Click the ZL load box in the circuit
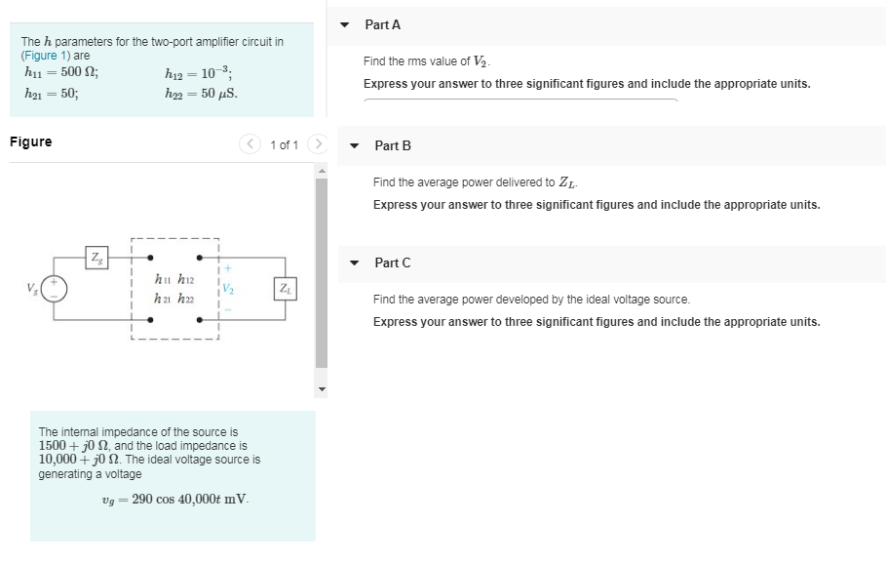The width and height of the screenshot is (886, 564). coord(284,289)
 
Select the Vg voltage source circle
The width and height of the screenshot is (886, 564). coord(55,289)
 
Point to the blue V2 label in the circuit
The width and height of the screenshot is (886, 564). coord(226,289)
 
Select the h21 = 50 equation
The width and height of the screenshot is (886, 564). coord(51,94)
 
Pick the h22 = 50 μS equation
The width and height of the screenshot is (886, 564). coord(202,94)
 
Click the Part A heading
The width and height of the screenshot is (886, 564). coord(382,24)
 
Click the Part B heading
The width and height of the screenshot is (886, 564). coord(392,145)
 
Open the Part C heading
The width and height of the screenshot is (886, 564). coord(392,262)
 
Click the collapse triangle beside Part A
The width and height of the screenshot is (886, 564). coord(345,24)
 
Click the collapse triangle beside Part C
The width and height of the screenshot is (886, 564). coord(355,262)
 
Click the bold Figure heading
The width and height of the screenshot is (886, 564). coord(30,142)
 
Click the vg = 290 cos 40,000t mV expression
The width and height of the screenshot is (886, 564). coord(174,500)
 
